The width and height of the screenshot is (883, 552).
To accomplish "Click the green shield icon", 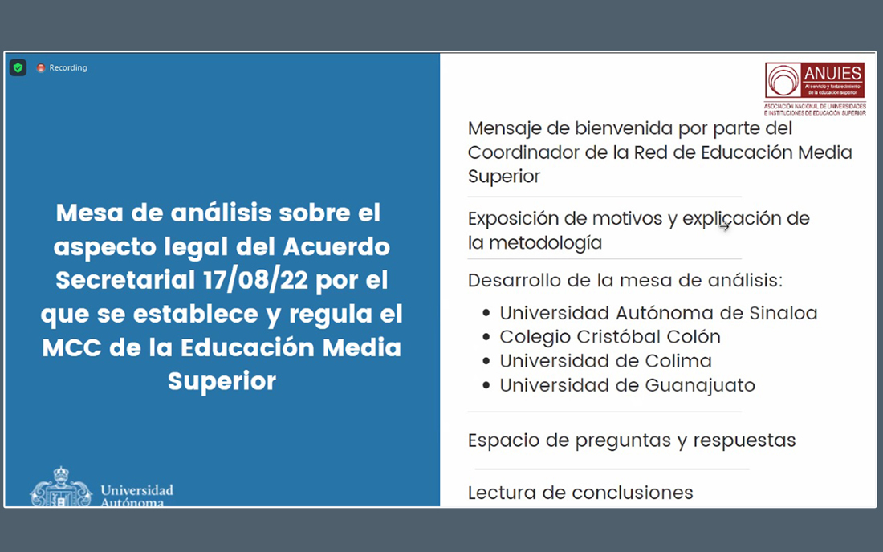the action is click(x=18, y=67).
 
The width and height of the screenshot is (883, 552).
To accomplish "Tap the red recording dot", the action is click(x=41, y=67).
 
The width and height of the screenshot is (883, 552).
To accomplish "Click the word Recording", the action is click(x=68, y=67).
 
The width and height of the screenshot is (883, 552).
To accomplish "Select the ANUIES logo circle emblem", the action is click(x=783, y=80).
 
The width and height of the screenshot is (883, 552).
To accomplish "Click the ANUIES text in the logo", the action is click(x=833, y=73).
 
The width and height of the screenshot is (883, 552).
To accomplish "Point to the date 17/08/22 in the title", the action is click(x=255, y=280).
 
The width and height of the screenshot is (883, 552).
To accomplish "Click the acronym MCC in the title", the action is click(x=71, y=347).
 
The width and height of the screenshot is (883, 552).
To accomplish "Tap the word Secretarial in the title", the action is click(x=125, y=280).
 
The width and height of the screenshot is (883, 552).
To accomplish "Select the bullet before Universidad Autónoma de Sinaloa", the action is click(x=486, y=313).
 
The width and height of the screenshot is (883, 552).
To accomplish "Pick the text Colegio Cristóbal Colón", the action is click(x=610, y=336).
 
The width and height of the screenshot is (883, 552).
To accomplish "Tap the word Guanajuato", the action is click(x=700, y=385).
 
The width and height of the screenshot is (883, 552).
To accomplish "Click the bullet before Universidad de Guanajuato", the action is click(x=486, y=385).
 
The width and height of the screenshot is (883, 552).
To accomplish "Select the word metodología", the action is click(x=546, y=243).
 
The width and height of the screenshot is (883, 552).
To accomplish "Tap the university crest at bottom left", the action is click(x=61, y=487).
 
